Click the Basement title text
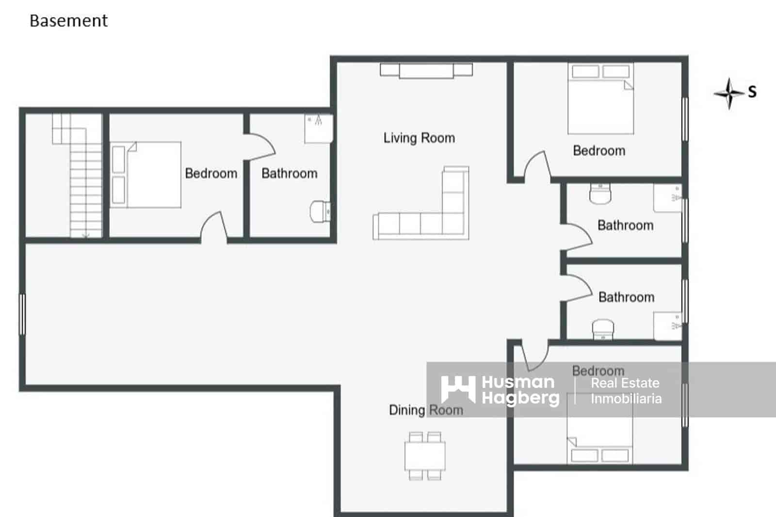point(68,21)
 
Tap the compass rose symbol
point(728,93)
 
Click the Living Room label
point(419,138)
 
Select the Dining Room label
point(425,410)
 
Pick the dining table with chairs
point(425,455)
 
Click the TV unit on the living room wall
point(426,70)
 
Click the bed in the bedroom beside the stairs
point(145,175)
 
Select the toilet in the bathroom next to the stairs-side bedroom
point(320,211)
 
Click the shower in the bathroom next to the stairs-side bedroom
point(318,128)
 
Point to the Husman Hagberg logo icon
point(457,389)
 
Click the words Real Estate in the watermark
point(625,383)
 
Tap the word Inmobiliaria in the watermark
point(626,399)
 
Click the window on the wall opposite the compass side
point(22,314)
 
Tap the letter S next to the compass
point(752,92)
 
